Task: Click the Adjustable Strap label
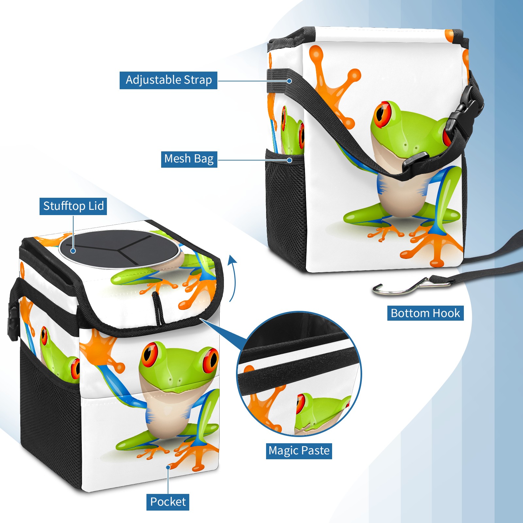[168, 80]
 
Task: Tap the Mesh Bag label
[189, 159]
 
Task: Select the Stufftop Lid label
[73, 206]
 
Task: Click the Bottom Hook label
[425, 313]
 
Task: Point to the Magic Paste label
[299, 451]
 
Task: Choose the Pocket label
[168, 502]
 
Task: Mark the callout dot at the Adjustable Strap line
[289, 81]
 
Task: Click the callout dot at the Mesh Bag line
[289, 160]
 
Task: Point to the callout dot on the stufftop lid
[73, 251]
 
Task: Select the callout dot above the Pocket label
[168, 467]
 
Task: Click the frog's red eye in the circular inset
[300, 404]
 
